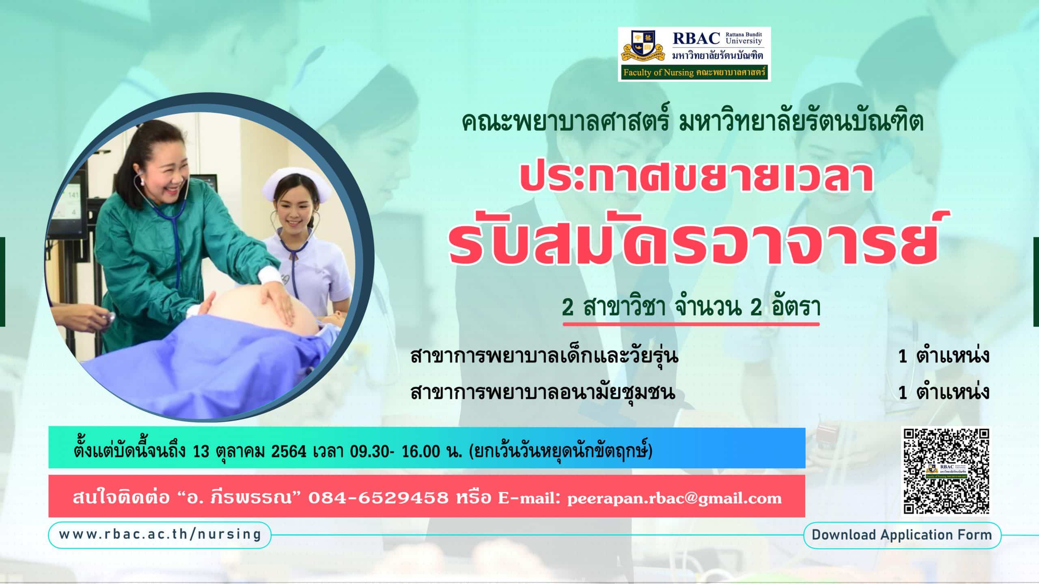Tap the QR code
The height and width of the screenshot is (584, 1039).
[946, 471]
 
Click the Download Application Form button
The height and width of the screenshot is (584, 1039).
[902, 535]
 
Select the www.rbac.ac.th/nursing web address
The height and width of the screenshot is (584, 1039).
[160, 535]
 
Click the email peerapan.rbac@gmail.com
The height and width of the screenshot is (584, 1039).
[674, 498]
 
